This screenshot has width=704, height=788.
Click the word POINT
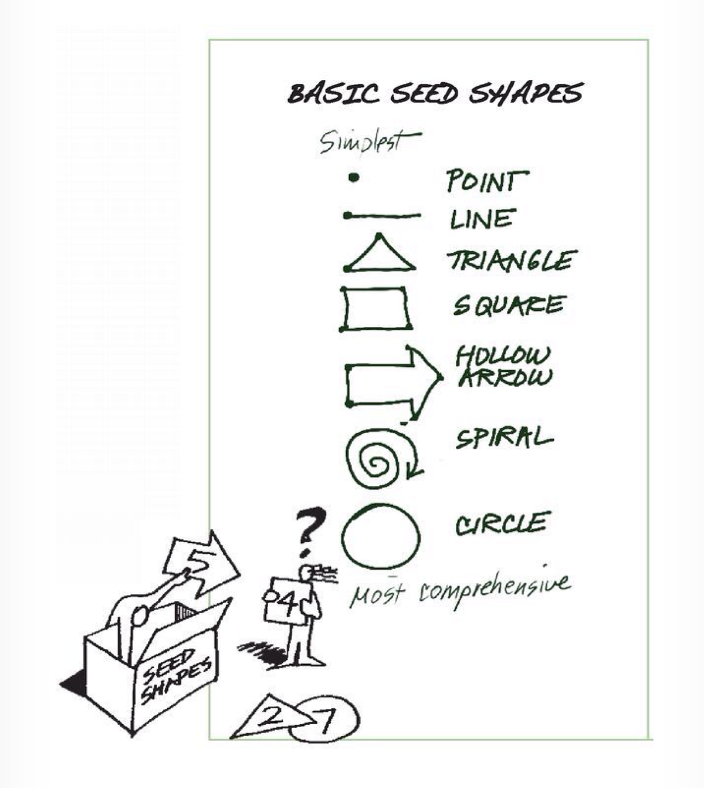point(486,181)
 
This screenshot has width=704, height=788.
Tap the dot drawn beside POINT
point(353,177)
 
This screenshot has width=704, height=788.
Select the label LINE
point(482,219)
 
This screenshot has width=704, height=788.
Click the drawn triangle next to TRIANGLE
point(380,256)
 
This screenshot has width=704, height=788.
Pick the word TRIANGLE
point(512,261)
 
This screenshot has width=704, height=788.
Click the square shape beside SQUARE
point(375,308)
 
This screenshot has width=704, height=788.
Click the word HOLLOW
point(503,356)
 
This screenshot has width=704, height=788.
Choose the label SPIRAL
point(504,438)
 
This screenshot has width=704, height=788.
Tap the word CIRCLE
point(502,524)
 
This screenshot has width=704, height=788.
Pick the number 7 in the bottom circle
point(326,721)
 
